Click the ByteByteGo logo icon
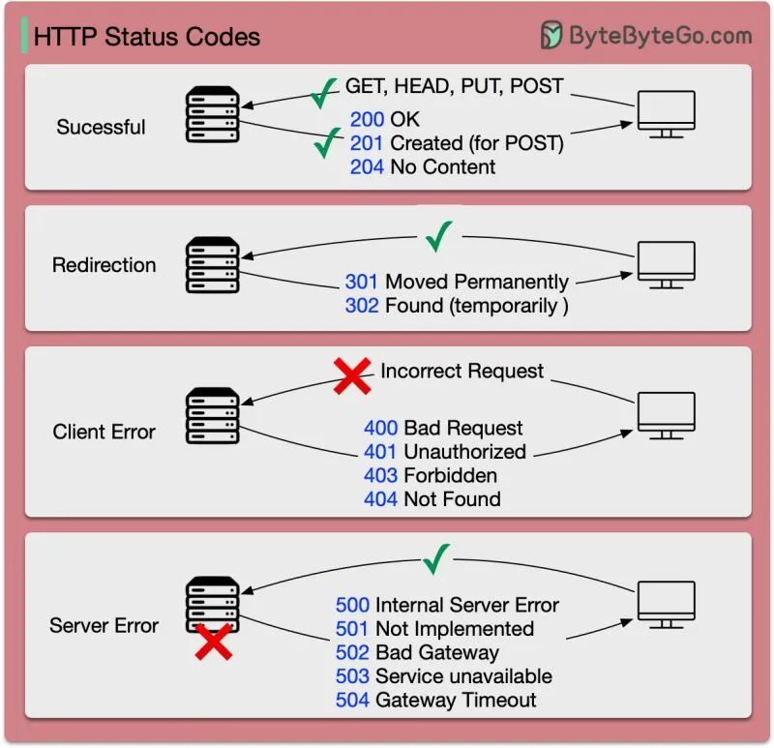click(551, 36)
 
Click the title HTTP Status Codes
click(147, 38)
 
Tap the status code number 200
click(368, 120)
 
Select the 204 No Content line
click(423, 166)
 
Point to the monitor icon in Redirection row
click(667, 264)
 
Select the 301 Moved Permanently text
click(457, 282)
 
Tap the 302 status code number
click(362, 305)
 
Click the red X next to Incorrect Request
click(352, 374)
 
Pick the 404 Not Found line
click(432, 499)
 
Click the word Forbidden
click(450, 475)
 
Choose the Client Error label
click(104, 432)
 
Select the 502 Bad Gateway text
click(417, 652)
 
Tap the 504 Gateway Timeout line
click(435, 700)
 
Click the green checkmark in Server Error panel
click(437, 557)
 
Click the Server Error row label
click(104, 625)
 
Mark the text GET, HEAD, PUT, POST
click(454, 86)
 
